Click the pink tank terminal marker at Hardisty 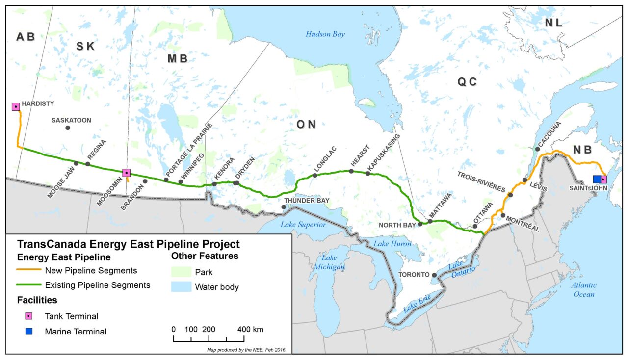click(16, 106)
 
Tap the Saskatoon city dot click(68, 128)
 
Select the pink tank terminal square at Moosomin click(126, 172)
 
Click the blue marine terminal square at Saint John click(597, 179)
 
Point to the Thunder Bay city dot click(283, 207)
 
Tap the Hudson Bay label click(325, 34)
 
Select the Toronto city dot click(434, 275)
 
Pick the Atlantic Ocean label click(583, 289)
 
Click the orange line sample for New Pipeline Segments click(28, 270)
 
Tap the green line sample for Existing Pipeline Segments click(28, 285)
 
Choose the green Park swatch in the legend click(181, 272)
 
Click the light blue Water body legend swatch click(181, 287)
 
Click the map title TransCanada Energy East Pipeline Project click(129, 244)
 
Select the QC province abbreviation click(467, 82)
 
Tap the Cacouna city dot click(537, 149)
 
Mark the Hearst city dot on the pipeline click(351, 171)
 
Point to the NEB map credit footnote click(246, 350)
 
